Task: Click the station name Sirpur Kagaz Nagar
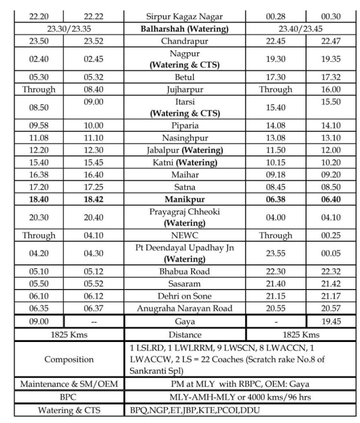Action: (x=185, y=17)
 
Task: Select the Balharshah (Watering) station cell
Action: (x=185, y=29)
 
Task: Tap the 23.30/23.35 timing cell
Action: (x=69, y=29)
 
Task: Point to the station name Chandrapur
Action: (x=185, y=41)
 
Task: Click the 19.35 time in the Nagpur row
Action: (x=331, y=59)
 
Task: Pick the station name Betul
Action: (x=185, y=77)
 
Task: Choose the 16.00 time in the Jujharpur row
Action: (x=331, y=89)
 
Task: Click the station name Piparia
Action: (x=185, y=125)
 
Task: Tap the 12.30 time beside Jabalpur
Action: (x=94, y=150)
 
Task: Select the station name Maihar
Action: (x=185, y=174)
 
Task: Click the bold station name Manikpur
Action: (x=185, y=199)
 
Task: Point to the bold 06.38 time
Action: (x=275, y=199)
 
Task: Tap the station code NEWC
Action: (x=185, y=235)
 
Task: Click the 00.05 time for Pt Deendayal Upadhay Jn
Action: (x=331, y=253)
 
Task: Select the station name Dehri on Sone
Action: (x=185, y=296)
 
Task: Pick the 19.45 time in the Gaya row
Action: (x=331, y=321)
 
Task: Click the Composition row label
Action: (x=69, y=359)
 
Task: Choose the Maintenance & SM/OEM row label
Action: (x=69, y=384)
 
